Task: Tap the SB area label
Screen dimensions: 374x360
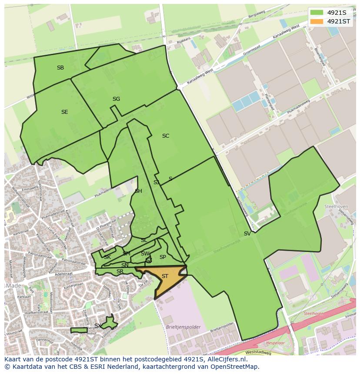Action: point(60,68)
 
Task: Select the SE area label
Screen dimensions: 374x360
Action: point(64,112)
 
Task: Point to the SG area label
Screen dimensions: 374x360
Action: point(116,99)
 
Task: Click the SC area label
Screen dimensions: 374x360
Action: point(165,136)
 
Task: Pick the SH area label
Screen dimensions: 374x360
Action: point(138,191)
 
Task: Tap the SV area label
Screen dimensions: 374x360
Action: point(247,234)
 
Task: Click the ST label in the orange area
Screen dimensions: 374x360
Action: point(165,276)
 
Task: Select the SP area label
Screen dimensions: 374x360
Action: point(163,257)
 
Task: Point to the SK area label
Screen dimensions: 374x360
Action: point(107,257)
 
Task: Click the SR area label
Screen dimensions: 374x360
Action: point(120,271)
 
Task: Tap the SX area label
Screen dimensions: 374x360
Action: point(98,326)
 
